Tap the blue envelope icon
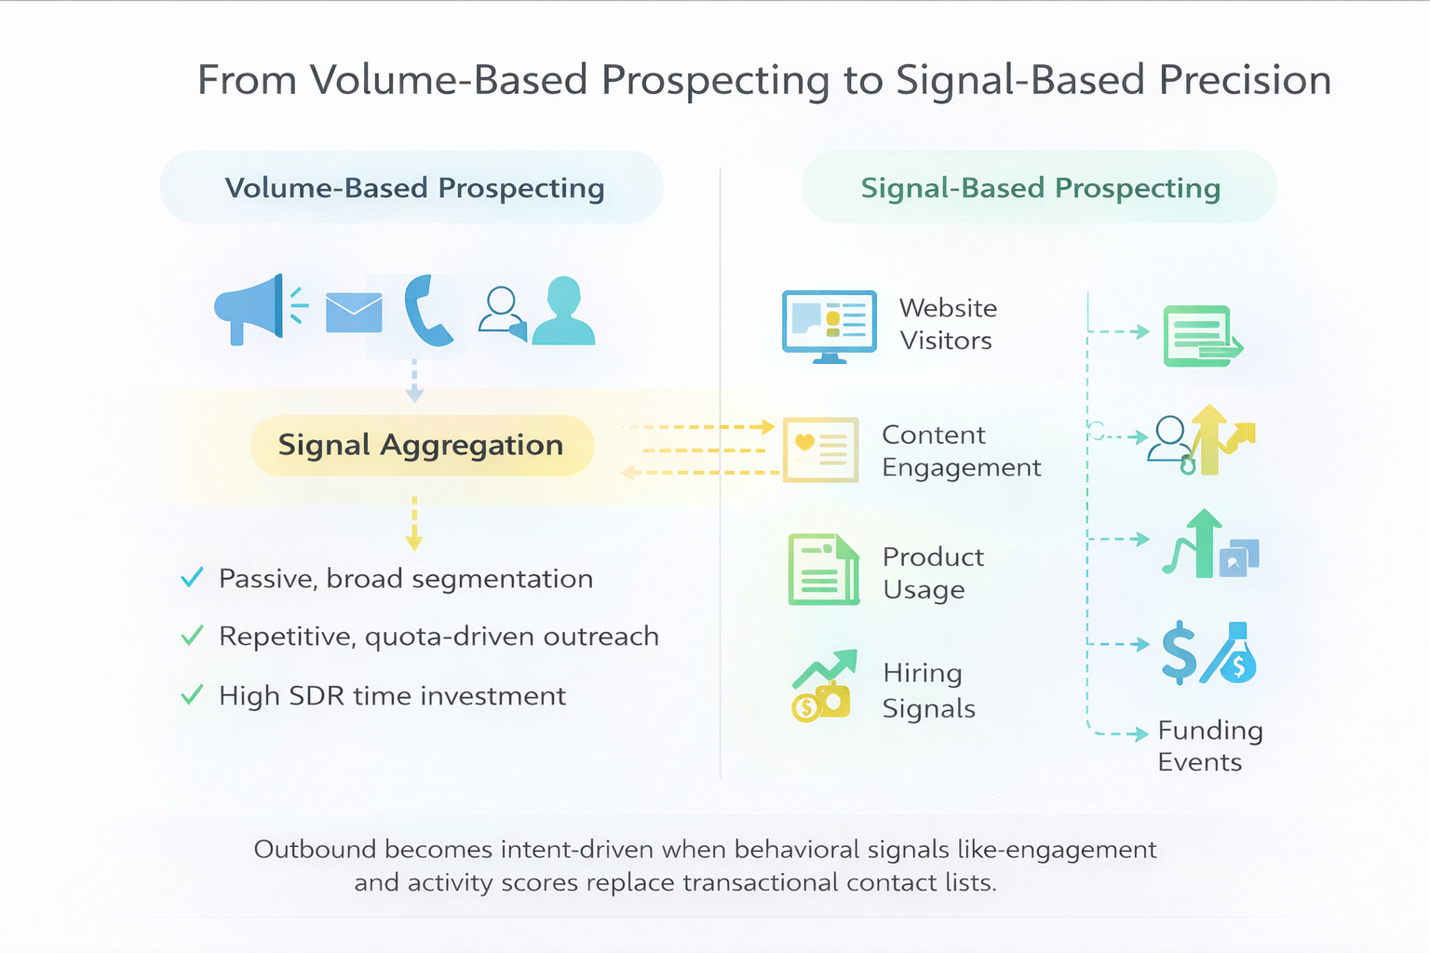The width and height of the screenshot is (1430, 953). [354, 313]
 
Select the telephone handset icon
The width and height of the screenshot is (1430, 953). [427, 311]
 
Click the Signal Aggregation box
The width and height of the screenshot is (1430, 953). [422, 446]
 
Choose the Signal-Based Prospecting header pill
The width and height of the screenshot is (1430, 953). [1039, 187]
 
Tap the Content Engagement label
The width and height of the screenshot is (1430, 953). [961, 450]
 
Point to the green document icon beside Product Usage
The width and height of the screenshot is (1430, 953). [823, 569]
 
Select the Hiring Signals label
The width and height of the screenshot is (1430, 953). [928, 690]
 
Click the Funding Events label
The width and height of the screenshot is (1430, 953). [1209, 745]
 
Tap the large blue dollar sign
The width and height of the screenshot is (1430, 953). [1180, 652]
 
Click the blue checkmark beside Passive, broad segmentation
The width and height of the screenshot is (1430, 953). [192, 578]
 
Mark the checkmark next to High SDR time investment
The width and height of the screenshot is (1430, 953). [192, 695]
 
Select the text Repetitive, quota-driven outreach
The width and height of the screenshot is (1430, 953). [438, 637]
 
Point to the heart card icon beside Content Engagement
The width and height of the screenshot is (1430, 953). [820, 450]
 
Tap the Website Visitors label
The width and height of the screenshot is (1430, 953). [947, 324]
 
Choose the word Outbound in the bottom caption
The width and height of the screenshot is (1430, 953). [315, 850]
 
